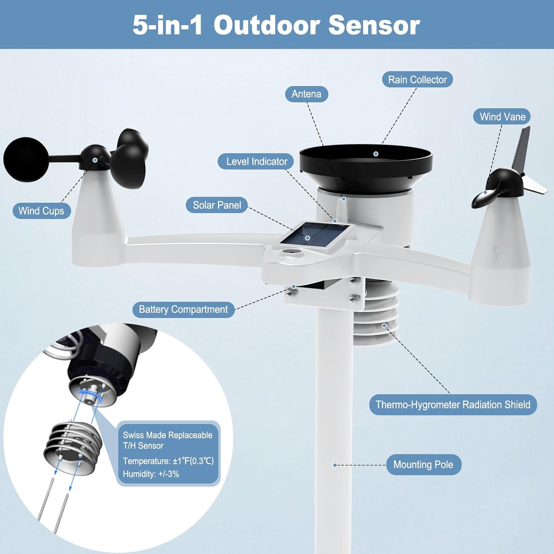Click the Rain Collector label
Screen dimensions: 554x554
(417, 79)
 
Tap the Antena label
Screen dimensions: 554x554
(306, 94)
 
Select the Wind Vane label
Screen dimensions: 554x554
(502, 117)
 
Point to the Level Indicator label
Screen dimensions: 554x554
(256, 161)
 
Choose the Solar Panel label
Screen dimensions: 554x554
(217, 205)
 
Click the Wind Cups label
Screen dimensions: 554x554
(41, 211)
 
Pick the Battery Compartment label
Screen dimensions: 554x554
(183, 310)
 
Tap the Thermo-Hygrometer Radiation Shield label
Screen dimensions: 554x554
(453, 405)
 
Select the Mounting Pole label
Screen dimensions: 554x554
(423, 465)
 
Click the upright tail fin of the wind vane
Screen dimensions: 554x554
(522, 148)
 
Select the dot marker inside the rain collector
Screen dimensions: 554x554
(376, 154)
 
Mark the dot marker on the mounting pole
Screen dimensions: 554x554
(335, 465)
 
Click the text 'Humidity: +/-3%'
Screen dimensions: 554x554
(151, 474)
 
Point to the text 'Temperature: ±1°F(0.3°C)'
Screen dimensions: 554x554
(168, 461)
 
